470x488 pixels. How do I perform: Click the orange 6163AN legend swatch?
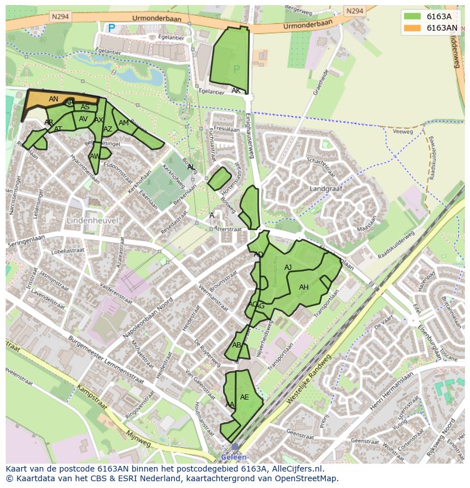tap(413, 28)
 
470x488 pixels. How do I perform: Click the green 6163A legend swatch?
tap(413, 16)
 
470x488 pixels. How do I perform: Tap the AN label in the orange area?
tap(53, 99)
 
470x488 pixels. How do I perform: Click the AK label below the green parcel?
tap(236, 91)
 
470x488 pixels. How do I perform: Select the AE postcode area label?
tap(245, 397)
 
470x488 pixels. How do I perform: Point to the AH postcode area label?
tap(304, 287)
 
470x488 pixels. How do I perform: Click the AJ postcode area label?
tap(288, 268)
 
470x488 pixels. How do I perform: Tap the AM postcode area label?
tap(123, 123)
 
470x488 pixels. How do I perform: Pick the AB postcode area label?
tap(237, 345)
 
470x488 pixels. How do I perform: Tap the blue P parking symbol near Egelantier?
tap(111, 27)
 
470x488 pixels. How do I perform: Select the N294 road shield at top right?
tap(354, 11)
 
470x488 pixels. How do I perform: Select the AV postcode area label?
tap(83, 119)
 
